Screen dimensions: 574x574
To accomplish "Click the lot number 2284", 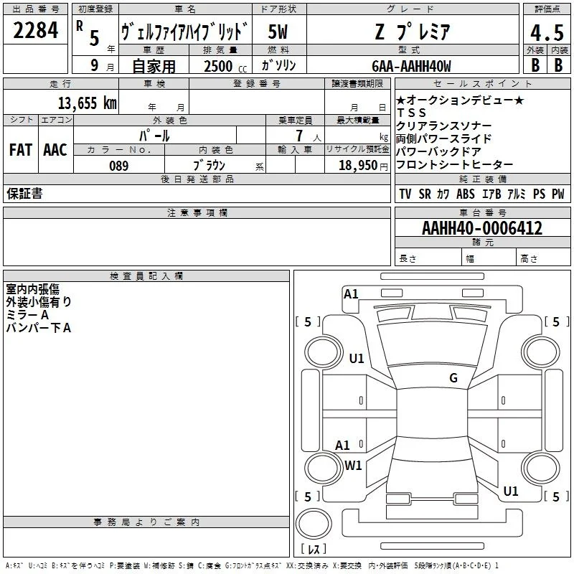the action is pyautogui.click(x=35, y=30).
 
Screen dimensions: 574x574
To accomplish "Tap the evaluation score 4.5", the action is pyautogui.click(x=547, y=32).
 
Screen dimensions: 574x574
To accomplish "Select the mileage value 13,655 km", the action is pyautogui.click(x=88, y=103).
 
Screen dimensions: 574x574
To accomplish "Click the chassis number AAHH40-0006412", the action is pyautogui.click(x=482, y=227).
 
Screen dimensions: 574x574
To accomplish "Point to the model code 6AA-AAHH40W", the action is pyautogui.click(x=411, y=66).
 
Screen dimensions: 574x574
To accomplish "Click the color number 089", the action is pyautogui.click(x=118, y=166).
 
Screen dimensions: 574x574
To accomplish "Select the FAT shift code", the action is pyautogui.click(x=21, y=150).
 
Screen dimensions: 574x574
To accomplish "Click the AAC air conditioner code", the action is pyautogui.click(x=55, y=150).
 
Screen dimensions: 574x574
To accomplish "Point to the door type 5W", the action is pyautogui.click(x=278, y=32).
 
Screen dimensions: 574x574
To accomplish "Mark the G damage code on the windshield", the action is pyautogui.click(x=453, y=377).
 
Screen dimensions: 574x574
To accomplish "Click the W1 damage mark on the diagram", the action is pyautogui.click(x=353, y=465).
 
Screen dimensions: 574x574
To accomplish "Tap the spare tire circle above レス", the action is pyautogui.click(x=314, y=524).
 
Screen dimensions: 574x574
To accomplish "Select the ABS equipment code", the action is pyautogui.click(x=465, y=194).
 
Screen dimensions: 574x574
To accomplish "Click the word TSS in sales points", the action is pyautogui.click(x=411, y=113).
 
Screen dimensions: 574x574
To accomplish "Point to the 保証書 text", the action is pyautogui.click(x=24, y=193).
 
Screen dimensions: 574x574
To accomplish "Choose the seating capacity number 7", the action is pyautogui.click(x=299, y=136).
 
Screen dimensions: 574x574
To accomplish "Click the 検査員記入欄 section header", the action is pyautogui.click(x=146, y=276).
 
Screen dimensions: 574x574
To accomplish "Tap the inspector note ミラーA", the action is pyautogui.click(x=27, y=315).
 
